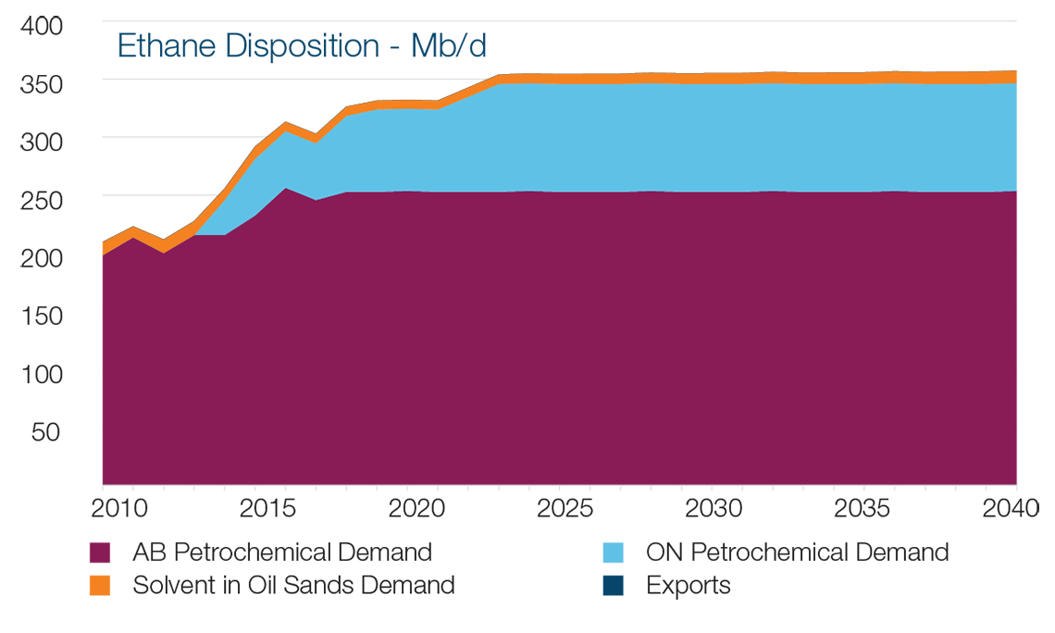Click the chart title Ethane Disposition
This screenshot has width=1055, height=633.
tap(296, 43)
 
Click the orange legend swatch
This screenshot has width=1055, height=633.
tap(70, 584)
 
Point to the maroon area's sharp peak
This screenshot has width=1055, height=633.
tap(287, 190)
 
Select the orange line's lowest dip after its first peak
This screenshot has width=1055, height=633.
tap(164, 247)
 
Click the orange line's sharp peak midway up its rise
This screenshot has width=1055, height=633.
tap(286, 127)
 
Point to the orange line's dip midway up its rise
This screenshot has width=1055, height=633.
tap(316, 139)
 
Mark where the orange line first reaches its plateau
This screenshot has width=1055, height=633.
tap(501, 80)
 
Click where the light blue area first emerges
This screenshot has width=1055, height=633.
tap(197, 234)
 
